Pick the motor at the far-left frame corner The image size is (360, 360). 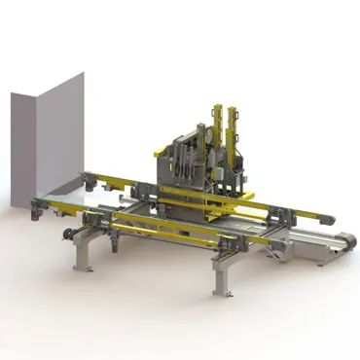(x=40, y=205)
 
